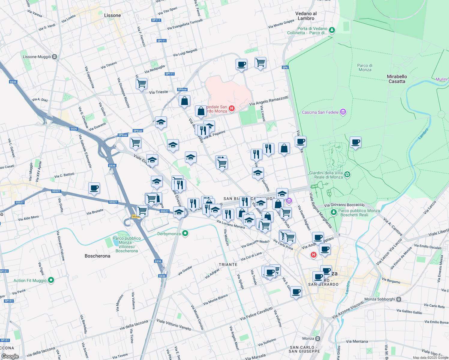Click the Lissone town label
(x=112, y=15)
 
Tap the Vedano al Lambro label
(x=306, y=16)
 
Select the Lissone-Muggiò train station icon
(x=54, y=57)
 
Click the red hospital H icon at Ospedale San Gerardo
(x=231, y=108)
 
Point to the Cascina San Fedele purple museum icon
(x=343, y=112)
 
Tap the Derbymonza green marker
(x=185, y=233)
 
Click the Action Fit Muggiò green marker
(x=51, y=280)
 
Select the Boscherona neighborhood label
(x=97, y=256)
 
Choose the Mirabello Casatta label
(x=397, y=79)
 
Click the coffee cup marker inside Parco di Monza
(x=355, y=142)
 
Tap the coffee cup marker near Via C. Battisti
(x=94, y=188)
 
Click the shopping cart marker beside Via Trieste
(x=141, y=83)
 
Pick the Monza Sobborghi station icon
(x=399, y=299)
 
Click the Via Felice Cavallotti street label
(x=256, y=313)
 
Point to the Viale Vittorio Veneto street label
(x=174, y=325)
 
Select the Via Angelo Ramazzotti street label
(x=269, y=101)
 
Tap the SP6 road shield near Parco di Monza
(x=285, y=67)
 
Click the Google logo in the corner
(x=10, y=356)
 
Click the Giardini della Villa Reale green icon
(x=347, y=174)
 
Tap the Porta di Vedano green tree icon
(x=332, y=30)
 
